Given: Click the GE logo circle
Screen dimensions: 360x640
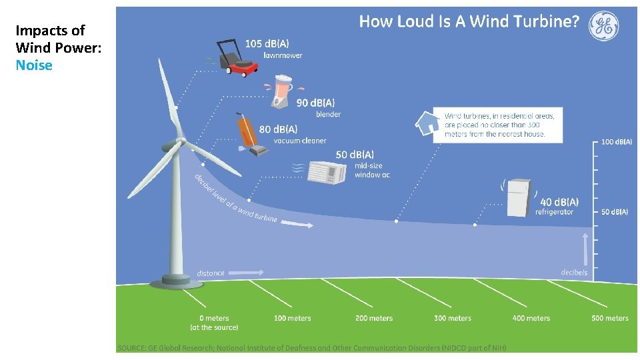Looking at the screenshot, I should (603, 26).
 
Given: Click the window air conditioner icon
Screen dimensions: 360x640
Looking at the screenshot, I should (327, 172).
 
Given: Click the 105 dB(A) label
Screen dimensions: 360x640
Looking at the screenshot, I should (263, 43).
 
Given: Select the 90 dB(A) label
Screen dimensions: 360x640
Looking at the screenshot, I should (315, 103).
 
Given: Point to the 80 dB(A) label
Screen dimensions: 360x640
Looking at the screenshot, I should (278, 129).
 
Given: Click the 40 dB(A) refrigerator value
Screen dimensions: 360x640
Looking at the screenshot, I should (559, 201).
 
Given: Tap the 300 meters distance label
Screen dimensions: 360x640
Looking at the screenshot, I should (452, 318).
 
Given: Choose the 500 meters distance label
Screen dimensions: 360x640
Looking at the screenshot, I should (609, 318).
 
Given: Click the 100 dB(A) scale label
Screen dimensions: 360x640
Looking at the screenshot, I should (617, 142).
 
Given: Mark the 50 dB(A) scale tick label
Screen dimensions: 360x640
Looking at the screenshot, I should (615, 212).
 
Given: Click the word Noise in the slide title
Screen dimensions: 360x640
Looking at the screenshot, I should (34, 65).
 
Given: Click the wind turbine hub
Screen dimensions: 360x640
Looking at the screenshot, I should (180, 141).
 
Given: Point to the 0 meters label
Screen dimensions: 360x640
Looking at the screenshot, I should (214, 318).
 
